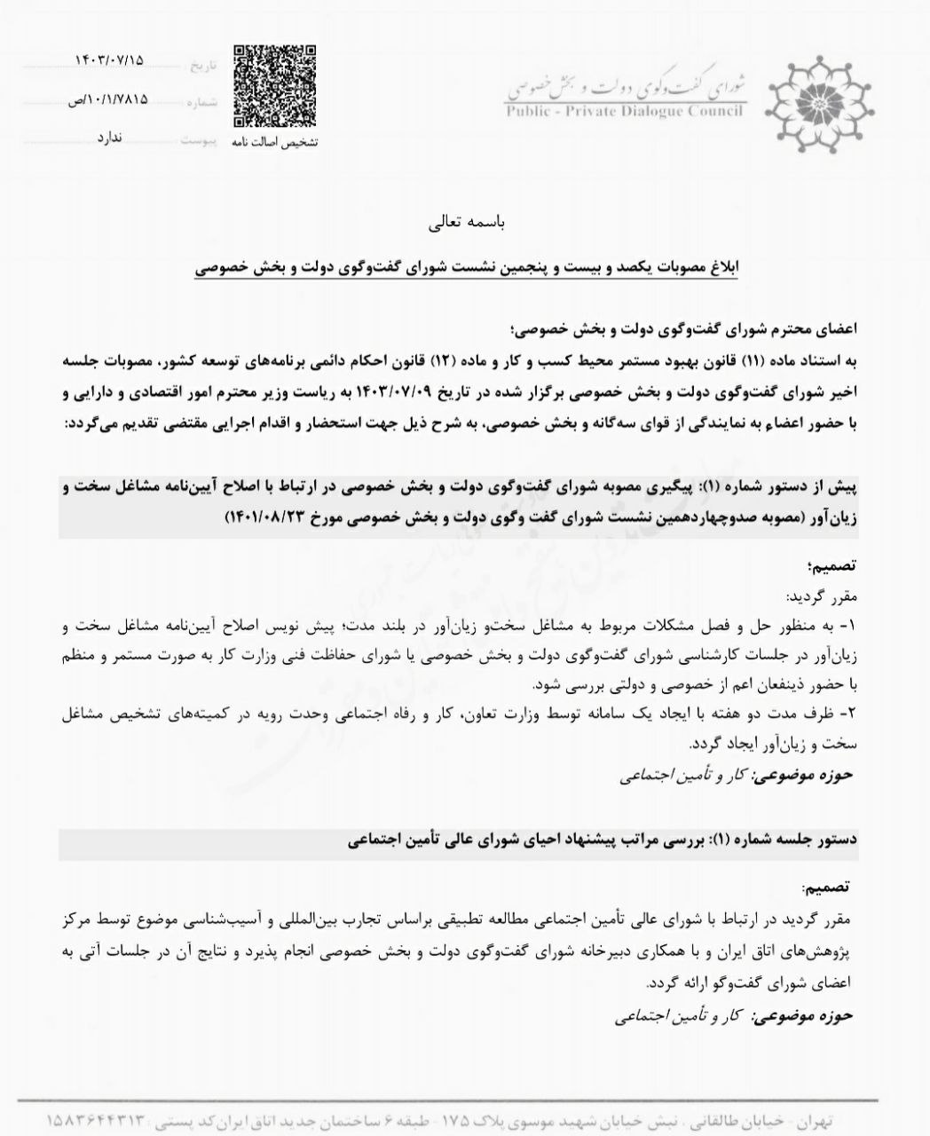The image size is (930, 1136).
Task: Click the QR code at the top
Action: pos(274,85)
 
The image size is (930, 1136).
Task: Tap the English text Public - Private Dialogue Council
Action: pos(626,112)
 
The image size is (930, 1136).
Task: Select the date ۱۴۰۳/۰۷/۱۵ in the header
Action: pos(110,60)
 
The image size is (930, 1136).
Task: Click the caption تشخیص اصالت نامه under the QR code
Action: pos(274,142)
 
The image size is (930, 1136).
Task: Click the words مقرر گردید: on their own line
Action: pos(819,595)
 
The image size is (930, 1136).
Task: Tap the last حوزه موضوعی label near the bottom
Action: pos(802,1016)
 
